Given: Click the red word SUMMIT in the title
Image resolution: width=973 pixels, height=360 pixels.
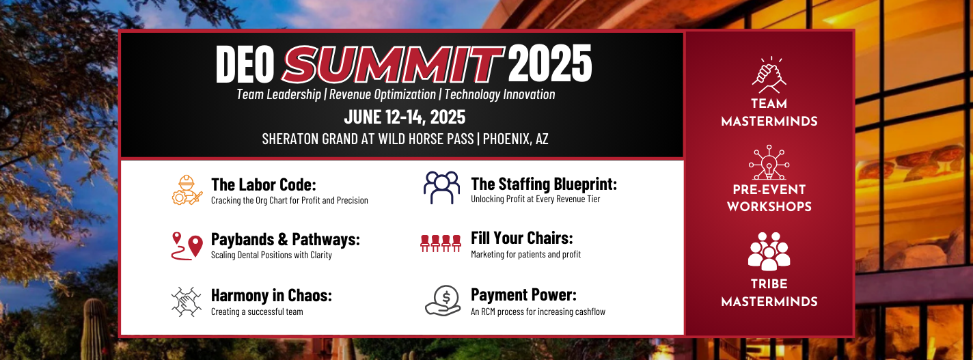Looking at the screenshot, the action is (x=393, y=64).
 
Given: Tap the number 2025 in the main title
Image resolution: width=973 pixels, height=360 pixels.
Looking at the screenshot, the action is (x=550, y=64).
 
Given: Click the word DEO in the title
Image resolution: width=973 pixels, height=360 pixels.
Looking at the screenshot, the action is (x=245, y=64).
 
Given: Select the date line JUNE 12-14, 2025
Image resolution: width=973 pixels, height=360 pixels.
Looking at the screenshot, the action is (x=405, y=117).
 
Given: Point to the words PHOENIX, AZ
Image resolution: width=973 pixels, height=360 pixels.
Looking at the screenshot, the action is (x=516, y=139).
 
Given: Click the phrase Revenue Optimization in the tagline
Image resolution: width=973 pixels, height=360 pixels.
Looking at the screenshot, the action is (x=382, y=94).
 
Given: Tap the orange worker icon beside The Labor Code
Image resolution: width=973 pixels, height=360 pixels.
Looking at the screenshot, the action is (x=187, y=190).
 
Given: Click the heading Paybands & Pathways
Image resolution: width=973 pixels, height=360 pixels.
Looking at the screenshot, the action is (x=286, y=239).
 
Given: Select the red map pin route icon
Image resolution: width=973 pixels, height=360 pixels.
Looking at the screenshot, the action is (x=187, y=246).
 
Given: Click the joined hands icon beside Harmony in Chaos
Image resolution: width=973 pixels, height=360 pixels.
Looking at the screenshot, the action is (x=187, y=301).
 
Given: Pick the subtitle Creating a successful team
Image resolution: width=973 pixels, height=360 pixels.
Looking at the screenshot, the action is (x=257, y=311).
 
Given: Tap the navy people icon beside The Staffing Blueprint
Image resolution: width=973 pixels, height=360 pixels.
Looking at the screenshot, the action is (x=442, y=188).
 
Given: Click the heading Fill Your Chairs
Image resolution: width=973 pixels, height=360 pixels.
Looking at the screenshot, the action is (x=521, y=238).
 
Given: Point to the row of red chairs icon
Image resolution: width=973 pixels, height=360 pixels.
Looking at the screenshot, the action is (x=441, y=243).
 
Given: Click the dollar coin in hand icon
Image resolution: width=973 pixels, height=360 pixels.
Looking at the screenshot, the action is (x=443, y=301).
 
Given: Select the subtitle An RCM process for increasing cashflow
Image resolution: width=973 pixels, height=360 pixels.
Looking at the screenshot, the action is (x=538, y=311).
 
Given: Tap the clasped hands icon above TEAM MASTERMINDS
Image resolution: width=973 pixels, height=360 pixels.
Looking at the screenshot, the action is (x=769, y=75).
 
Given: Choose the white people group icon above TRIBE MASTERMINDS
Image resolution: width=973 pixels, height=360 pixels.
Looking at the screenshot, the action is (x=769, y=251).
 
